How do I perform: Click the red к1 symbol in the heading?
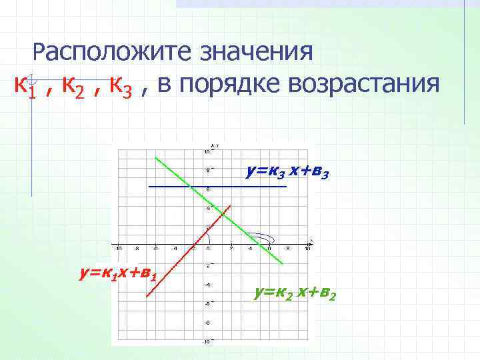[x=24, y=87]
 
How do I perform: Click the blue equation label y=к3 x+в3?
[x=287, y=172]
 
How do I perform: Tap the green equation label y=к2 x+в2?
[x=295, y=291]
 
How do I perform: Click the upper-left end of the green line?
[x=155, y=158]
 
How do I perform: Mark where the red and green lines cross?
[x=221, y=214]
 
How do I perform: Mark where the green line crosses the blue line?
[x=191, y=187]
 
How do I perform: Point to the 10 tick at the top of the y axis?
[x=207, y=151]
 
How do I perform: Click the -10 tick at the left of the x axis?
[x=117, y=249]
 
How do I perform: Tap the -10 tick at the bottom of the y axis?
[x=207, y=341]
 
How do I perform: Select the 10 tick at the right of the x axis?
[x=307, y=249]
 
